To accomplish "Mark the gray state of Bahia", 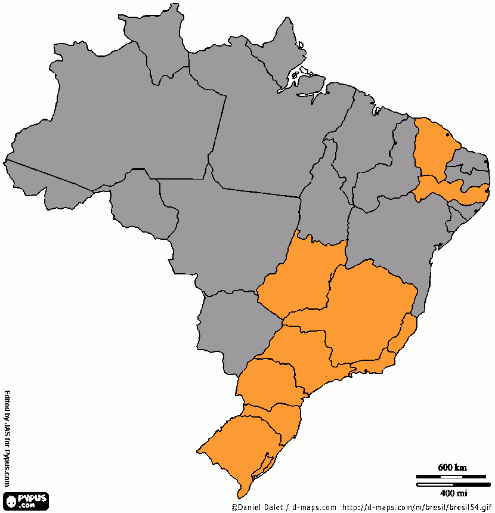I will pos(394,239).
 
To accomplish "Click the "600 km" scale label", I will pos(451,467).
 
